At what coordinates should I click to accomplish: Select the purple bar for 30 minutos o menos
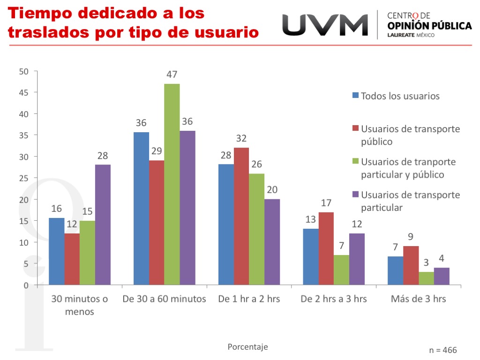103,225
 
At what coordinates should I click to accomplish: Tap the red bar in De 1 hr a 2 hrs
241,216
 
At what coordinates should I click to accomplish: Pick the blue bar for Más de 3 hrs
396,270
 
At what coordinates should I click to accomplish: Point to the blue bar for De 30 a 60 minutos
141,208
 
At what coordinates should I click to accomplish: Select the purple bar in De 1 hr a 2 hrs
272,242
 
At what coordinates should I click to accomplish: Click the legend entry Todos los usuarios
400,96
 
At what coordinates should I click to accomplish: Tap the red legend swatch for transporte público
355,128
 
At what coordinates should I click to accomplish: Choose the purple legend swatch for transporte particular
355,195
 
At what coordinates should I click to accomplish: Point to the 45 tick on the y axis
24,93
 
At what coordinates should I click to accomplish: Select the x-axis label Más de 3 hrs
418,299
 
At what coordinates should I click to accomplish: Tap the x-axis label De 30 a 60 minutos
164,299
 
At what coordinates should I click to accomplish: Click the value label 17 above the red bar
326,203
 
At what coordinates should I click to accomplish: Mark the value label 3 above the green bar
426,263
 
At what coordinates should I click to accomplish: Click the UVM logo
325,24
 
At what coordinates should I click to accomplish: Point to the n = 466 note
442,350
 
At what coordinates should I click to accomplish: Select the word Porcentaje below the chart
247,347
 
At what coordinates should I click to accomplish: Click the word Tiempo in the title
40,13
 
